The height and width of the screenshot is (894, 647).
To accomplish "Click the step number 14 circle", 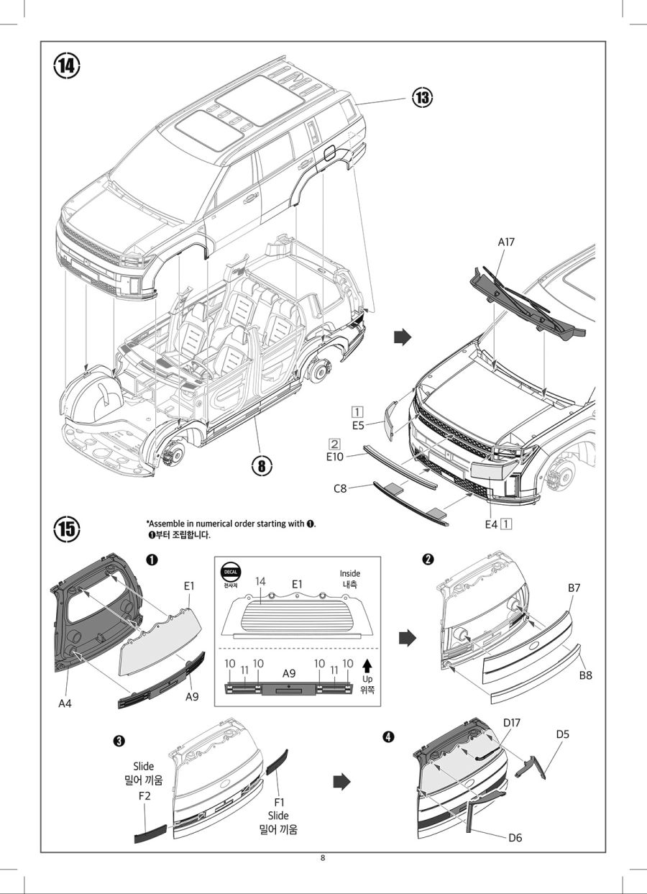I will tap(66, 66).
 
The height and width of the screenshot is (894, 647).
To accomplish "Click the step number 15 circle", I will tap(66, 529).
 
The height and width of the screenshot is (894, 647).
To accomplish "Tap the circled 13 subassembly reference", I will tap(423, 98).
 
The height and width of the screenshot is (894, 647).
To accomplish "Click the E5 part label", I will tap(357, 425).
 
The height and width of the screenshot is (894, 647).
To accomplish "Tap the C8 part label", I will tap(341, 488).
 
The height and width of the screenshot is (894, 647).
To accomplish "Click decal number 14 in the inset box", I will tap(260, 580).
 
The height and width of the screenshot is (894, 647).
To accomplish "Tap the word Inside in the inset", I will tap(350, 573).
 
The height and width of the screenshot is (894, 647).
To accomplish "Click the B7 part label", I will tap(574, 588).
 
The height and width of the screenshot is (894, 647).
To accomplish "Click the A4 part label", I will tap(65, 703).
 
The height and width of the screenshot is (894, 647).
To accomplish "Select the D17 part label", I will tap(512, 722).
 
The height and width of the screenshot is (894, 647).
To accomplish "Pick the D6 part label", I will tap(515, 837).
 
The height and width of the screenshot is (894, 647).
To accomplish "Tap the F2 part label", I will tap(144, 796).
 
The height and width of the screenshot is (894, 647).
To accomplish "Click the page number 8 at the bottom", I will tap(323, 858).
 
